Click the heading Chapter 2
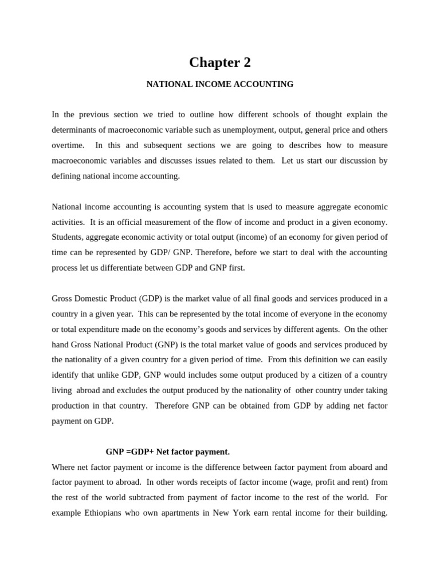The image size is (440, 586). click(x=220, y=62)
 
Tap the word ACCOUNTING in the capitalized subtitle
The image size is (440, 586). click(x=266, y=84)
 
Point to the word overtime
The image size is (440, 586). click(x=67, y=145)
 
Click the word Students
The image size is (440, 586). click(x=67, y=237)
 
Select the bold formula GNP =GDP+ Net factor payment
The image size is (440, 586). click(x=167, y=452)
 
